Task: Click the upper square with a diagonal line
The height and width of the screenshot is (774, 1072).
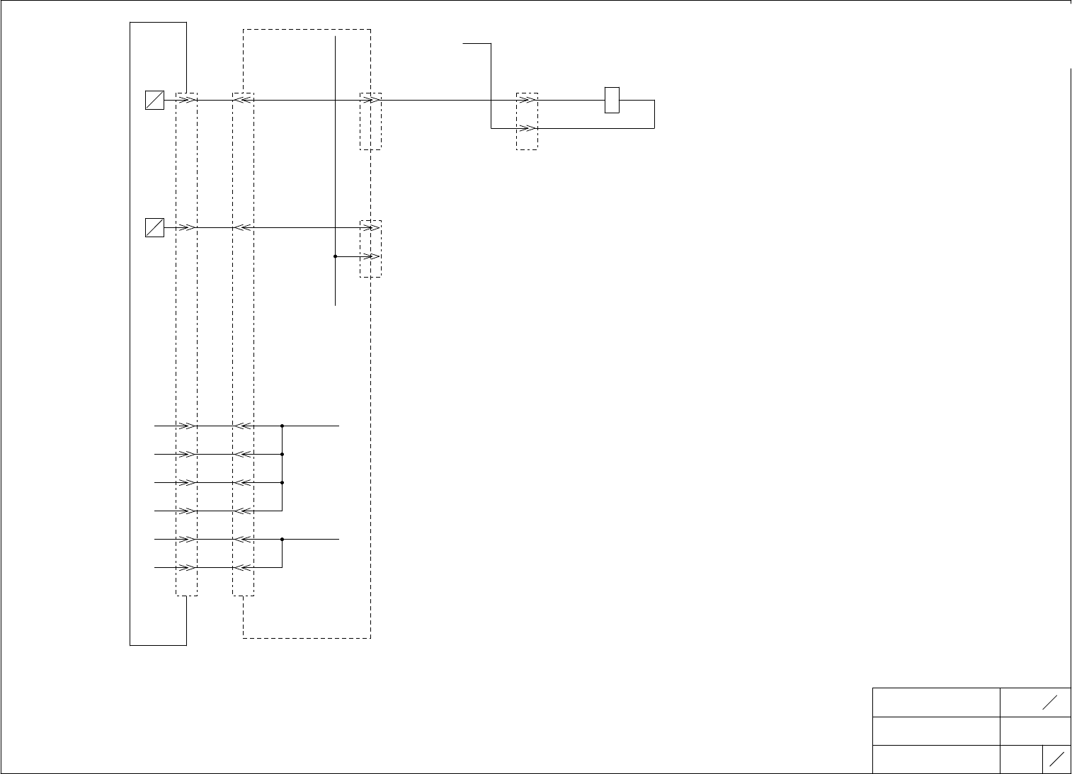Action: point(154,101)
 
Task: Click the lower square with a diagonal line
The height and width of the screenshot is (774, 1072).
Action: point(154,228)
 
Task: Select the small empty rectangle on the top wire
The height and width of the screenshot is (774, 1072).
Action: point(612,100)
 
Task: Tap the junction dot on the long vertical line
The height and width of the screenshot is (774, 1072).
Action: point(335,256)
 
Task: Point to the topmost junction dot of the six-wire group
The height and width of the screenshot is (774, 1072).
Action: point(283,426)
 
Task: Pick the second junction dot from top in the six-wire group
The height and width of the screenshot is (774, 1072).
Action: point(283,454)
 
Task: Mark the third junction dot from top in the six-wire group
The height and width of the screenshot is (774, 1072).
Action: point(283,482)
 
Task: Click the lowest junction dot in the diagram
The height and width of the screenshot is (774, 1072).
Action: point(283,540)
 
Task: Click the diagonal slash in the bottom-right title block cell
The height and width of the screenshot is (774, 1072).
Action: point(1057,759)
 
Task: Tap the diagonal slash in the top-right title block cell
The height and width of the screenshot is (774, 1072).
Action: point(1049,702)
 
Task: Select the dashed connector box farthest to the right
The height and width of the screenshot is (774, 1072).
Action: point(527,121)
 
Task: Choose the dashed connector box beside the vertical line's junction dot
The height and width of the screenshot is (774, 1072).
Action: point(370,249)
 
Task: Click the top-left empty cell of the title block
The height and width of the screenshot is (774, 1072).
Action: point(936,702)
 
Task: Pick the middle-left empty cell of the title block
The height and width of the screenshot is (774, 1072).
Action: point(936,731)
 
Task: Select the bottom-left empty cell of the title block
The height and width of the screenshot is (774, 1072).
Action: point(936,759)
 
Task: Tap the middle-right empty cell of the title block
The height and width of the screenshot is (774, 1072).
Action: point(1035,731)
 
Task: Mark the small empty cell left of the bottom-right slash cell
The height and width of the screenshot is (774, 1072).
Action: point(1021,759)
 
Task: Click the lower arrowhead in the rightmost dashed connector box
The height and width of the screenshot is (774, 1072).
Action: point(528,129)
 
